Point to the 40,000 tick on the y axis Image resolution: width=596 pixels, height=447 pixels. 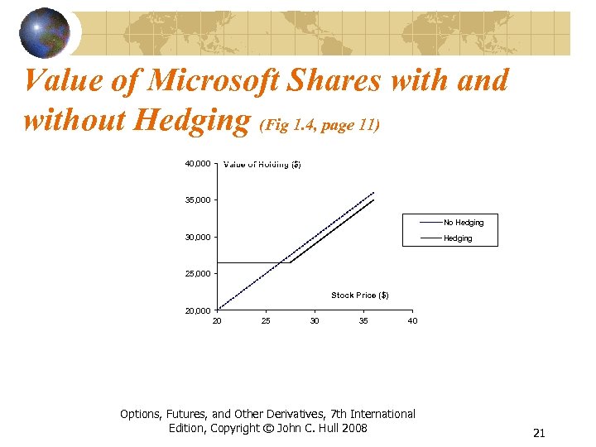click(196, 163)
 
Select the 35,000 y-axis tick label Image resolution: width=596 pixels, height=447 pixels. click(196, 200)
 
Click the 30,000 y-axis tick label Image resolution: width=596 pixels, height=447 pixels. click(196, 238)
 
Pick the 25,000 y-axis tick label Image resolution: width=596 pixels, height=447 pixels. click(196, 274)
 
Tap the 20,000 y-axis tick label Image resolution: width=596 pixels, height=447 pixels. click(196, 310)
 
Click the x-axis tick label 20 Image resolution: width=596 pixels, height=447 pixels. click(217, 320)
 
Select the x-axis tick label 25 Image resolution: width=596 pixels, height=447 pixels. click(266, 320)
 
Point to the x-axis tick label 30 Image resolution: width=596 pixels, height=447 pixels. click(315, 320)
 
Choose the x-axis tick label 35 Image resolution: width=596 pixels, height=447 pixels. click(363, 320)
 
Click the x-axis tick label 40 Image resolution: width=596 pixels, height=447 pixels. click(412, 320)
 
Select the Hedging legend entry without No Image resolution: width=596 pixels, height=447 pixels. click(458, 238)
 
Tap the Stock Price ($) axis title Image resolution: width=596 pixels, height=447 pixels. click(360, 296)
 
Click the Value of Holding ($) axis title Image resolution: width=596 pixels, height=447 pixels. click(262, 164)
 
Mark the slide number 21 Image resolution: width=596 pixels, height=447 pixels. click(539, 433)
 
